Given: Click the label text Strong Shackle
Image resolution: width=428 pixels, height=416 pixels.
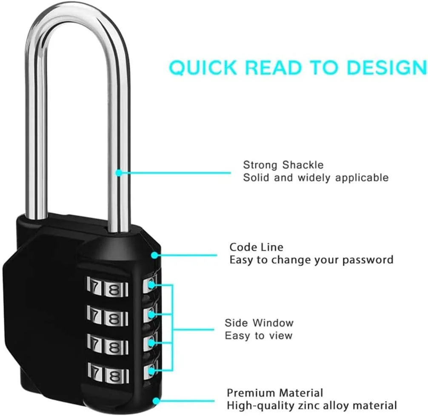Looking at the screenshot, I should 283,165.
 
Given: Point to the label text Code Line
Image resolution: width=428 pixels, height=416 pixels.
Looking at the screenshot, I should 256,247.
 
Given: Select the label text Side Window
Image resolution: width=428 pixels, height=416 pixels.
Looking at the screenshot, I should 259,323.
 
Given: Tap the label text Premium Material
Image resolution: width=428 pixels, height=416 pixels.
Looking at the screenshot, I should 274,393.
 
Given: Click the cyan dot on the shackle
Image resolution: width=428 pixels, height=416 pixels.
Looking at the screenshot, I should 119,173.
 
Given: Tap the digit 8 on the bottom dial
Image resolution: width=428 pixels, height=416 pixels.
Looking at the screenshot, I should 114,376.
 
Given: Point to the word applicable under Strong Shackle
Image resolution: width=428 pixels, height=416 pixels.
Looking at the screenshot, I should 362,178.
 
